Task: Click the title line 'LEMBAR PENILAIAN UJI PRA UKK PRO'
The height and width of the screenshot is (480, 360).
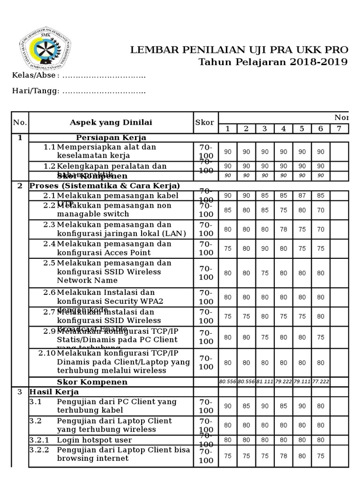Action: [239, 50]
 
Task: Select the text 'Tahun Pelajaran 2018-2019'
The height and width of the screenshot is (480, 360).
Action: [273, 62]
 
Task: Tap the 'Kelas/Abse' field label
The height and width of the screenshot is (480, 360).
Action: [33, 76]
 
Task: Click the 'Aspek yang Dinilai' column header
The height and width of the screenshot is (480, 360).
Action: [111, 122]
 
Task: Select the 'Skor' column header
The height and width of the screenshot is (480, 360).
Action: [204, 122]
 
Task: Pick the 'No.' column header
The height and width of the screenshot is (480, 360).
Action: [20, 122]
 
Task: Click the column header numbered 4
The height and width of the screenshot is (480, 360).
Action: [283, 128]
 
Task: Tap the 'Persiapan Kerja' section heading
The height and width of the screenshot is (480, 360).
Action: [111, 137]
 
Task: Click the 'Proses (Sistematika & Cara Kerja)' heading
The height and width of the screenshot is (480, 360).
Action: [105, 186]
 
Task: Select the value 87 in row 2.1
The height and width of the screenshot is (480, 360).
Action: [302, 195]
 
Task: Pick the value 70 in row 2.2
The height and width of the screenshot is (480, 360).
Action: [321, 210]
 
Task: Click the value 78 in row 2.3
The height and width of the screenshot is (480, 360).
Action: [283, 229]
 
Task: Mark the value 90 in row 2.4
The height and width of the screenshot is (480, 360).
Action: [265, 248]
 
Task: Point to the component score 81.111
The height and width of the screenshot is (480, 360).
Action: [265, 382]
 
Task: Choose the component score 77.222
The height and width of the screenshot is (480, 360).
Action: [321, 382]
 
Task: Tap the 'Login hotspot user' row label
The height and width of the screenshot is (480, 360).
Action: [94, 440]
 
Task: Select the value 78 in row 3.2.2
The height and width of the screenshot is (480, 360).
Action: [283, 455]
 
